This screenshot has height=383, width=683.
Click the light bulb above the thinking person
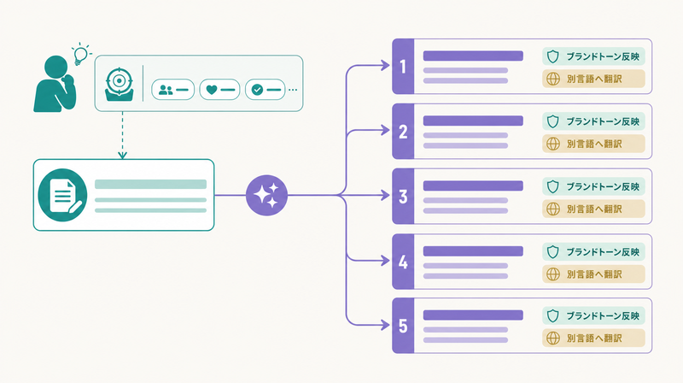(x=80, y=55)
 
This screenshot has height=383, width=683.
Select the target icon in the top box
(x=119, y=84)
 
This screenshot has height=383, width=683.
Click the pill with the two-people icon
(x=173, y=90)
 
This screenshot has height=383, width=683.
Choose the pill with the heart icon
(x=219, y=90)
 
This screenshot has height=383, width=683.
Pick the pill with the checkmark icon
(x=265, y=90)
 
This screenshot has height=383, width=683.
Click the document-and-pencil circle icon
(x=62, y=195)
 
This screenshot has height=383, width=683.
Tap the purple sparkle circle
(x=266, y=195)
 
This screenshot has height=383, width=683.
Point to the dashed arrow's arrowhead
(x=122, y=155)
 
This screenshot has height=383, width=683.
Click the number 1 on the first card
(x=403, y=67)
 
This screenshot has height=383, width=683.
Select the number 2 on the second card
(x=403, y=132)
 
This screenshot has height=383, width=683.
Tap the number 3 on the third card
(x=403, y=197)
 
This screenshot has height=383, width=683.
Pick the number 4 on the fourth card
(x=403, y=262)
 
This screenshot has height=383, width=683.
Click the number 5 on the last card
(x=403, y=326)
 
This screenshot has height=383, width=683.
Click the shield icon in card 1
(x=552, y=56)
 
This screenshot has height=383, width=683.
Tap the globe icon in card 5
(x=553, y=338)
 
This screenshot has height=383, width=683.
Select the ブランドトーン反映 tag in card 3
(x=593, y=186)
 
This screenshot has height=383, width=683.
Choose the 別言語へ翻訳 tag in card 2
(x=593, y=144)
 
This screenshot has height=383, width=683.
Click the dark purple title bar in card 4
(x=473, y=250)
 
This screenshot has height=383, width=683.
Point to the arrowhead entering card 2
(x=385, y=130)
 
